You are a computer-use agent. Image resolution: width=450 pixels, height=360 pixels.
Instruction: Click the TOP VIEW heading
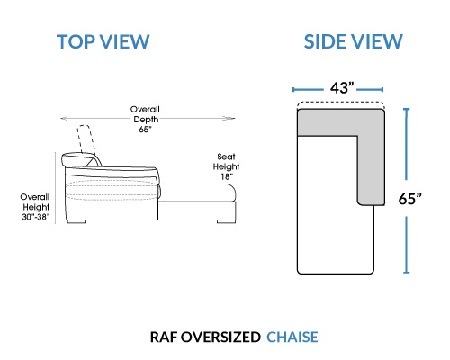click(x=103, y=41)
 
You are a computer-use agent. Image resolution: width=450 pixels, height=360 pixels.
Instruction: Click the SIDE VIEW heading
click(x=353, y=41)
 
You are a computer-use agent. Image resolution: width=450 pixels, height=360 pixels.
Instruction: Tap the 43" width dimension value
click(x=342, y=88)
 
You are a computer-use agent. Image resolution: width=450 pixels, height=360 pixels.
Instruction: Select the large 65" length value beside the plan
click(x=409, y=198)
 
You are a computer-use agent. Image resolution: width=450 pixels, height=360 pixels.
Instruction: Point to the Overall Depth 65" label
click(x=145, y=119)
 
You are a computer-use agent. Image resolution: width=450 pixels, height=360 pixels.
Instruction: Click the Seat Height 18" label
click(x=226, y=166)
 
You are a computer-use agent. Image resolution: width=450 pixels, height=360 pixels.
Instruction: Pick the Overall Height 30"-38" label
click(x=35, y=207)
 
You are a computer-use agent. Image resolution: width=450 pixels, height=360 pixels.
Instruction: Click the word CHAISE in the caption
click(x=292, y=337)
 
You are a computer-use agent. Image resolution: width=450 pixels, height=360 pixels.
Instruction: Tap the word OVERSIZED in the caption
click(x=220, y=337)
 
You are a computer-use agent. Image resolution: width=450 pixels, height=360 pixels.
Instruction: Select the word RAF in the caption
click(x=164, y=337)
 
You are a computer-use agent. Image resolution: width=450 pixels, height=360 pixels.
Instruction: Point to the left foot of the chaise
click(x=76, y=222)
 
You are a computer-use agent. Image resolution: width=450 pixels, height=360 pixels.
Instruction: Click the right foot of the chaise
click(x=226, y=222)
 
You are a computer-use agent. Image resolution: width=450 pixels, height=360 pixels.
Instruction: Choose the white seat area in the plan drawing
click(x=327, y=204)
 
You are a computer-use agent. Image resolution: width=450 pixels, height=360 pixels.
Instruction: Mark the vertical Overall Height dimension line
click(x=56, y=188)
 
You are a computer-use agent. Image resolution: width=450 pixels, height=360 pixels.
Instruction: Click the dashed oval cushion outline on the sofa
click(x=112, y=190)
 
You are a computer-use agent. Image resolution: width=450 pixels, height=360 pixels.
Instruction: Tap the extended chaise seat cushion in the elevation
click(x=197, y=193)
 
